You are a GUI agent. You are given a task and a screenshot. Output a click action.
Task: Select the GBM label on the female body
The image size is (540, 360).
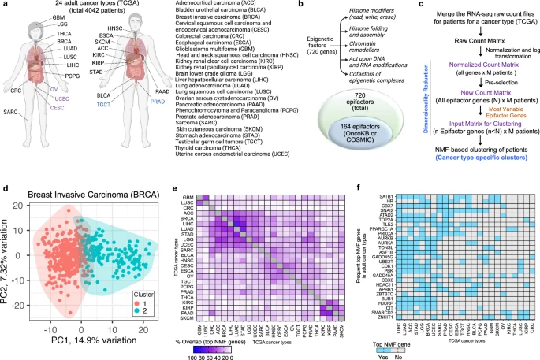(x=38, y=16)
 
